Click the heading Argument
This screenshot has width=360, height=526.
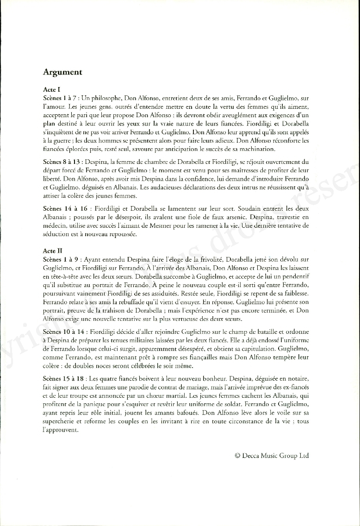coord(62,72)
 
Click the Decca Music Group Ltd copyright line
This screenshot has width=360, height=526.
coord(271,456)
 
